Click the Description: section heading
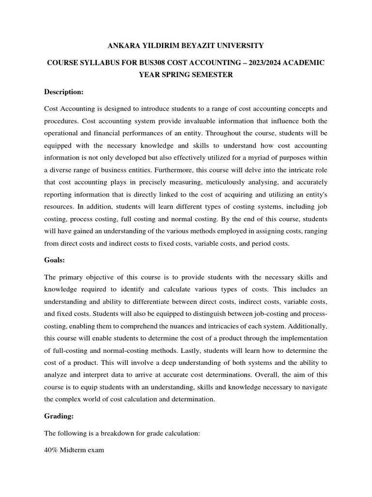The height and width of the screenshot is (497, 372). pos(64,92)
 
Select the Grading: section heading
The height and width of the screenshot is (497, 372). pos(59,416)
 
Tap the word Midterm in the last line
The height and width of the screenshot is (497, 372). pos(74,450)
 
